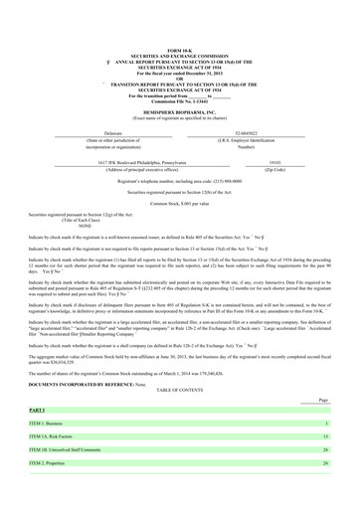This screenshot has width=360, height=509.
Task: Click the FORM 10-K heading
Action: pyautogui.click(x=180, y=48)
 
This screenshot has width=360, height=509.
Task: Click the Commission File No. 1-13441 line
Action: pyautogui.click(x=180, y=100)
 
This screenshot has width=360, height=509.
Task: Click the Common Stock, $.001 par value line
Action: pyautogui.click(x=180, y=203)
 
